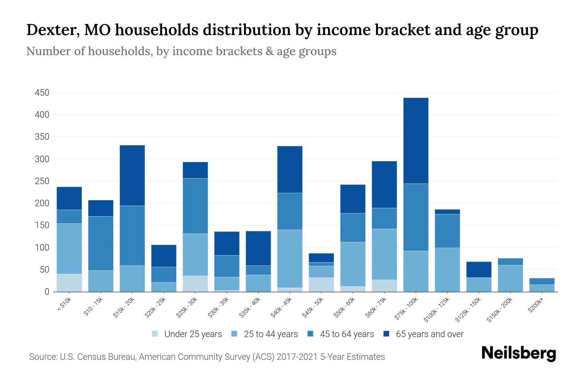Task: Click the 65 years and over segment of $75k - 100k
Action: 416,141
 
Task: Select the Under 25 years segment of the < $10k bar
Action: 69,283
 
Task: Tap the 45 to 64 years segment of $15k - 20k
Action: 132,236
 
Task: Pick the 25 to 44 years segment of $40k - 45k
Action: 290,258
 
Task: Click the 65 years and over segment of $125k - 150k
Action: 479,269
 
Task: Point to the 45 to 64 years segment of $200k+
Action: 541,281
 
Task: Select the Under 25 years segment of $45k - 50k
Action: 321,284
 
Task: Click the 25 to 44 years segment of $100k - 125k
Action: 447,269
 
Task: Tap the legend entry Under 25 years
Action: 193,334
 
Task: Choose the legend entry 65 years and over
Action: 429,334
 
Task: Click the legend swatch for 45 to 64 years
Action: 310,334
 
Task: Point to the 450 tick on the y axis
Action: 42,93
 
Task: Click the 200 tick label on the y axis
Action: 42,203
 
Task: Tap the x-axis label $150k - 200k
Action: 500,309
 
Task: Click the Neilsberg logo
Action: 518,353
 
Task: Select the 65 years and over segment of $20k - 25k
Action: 164,256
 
